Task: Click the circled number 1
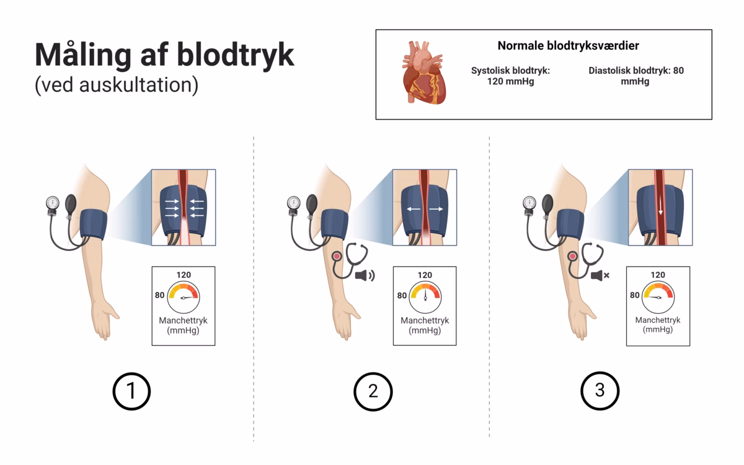pos(131,391)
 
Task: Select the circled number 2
pos(373,391)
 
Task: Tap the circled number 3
pos(600,391)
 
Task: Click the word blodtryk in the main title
pos(236,55)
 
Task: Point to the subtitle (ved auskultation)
pos(116,85)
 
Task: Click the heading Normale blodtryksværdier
pos(568,46)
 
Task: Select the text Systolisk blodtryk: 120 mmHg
pos(510,76)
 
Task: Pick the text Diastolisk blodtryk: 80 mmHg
pos(635,76)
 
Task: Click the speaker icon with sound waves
pos(364,275)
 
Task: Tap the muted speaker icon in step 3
pos(600,275)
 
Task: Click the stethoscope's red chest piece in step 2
pos(337,256)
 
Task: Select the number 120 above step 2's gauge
pos(425,275)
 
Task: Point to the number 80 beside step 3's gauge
pos(634,295)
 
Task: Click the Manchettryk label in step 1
pos(183,321)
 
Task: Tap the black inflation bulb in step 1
pos(71,204)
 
